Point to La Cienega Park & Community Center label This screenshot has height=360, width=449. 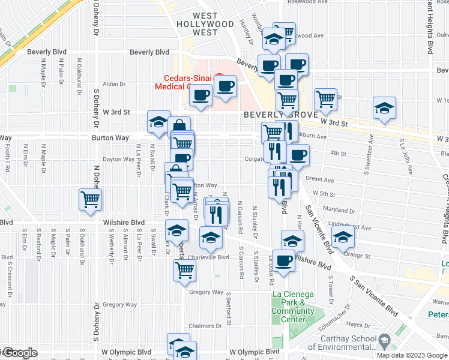294,307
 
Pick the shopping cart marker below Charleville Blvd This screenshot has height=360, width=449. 184,270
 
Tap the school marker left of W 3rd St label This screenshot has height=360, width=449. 158,122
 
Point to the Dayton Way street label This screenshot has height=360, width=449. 118,160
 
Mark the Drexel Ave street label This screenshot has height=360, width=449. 320,179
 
